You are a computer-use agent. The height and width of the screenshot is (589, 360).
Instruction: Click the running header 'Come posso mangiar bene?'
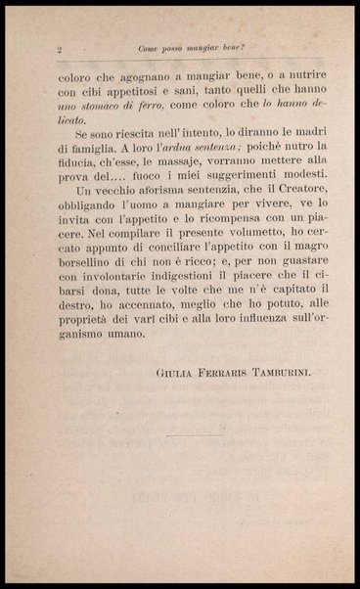click(191, 48)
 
